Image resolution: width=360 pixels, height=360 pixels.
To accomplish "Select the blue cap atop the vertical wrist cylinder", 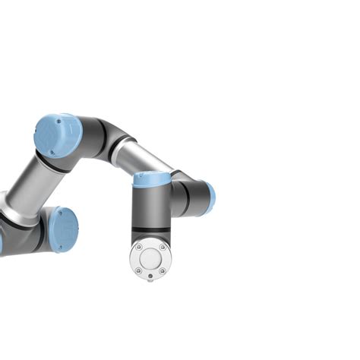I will point(152,179).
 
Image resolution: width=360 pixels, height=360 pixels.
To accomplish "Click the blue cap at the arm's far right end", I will point(210,197).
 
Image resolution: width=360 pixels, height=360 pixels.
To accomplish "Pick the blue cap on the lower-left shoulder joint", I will point(64,229).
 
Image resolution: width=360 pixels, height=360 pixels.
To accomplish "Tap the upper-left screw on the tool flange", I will point(138,248).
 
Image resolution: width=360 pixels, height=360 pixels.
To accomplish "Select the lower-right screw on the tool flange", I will point(162,270).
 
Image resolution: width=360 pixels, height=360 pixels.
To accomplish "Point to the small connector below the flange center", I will point(150,279).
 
